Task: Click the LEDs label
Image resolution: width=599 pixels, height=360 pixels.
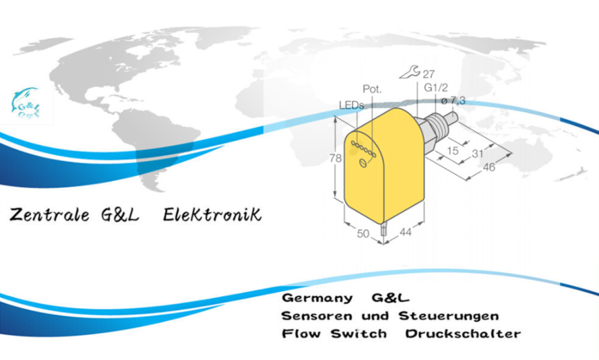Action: point(351,105)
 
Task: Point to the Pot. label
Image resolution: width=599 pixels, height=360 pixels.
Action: point(372,89)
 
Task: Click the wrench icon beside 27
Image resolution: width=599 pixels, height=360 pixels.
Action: point(407,72)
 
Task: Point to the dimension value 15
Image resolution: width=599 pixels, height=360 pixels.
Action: point(453,151)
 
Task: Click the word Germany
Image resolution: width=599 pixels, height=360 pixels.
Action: point(317,297)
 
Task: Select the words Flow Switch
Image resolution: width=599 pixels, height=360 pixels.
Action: point(334,334)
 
